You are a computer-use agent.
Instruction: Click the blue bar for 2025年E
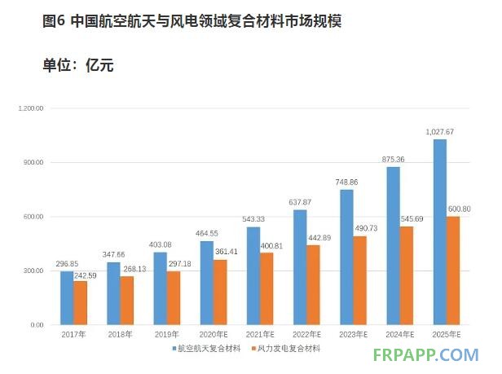point(440,232)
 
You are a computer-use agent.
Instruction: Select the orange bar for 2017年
point(80,303)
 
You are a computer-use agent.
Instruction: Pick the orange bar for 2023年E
point(359,280)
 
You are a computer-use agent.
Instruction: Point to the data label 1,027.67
point(439,132)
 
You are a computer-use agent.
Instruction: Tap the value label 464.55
point(207,235)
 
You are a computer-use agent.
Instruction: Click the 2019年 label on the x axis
point(166,335)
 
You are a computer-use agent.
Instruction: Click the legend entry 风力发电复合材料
point(289,349)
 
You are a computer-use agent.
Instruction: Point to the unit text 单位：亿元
point(77,64)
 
